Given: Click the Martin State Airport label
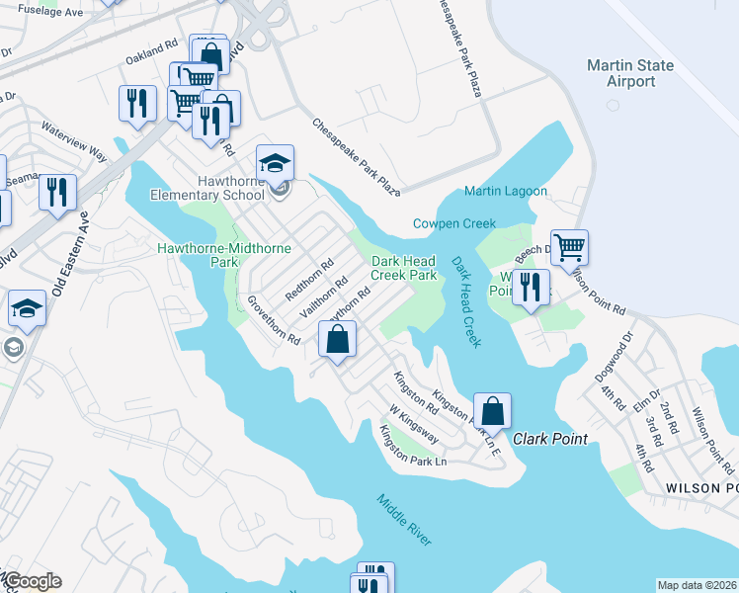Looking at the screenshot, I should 629,73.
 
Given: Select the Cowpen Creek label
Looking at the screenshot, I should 453,223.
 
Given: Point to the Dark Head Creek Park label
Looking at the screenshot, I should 403,269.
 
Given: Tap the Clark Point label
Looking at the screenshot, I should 549,439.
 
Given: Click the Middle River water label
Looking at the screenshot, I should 403,519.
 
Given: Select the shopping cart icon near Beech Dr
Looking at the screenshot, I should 570,246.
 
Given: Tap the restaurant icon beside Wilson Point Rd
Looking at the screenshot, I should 531,288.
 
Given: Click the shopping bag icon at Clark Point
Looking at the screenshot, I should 492,410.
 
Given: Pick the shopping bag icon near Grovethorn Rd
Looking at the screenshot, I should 337,340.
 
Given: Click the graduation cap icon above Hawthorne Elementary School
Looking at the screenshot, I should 275,162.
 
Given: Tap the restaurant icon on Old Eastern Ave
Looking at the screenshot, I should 57,191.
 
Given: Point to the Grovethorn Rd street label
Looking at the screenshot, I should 274,319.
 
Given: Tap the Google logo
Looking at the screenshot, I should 32,581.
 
